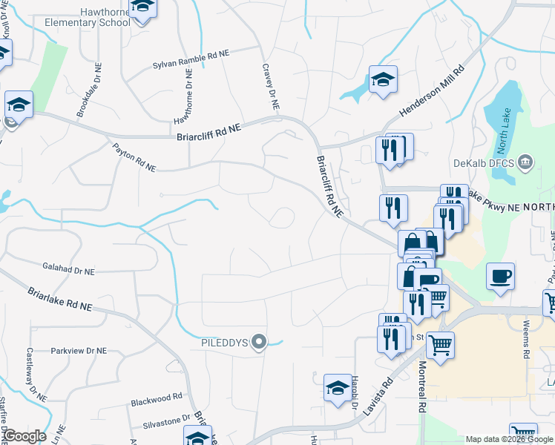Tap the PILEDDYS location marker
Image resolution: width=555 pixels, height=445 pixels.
pos(259,342)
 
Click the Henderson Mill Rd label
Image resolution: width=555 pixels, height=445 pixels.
pos(432,89)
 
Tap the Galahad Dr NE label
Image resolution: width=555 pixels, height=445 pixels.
pos(69,272)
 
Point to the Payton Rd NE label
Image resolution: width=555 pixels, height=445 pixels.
pos(134,157)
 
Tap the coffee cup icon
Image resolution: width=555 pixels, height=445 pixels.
pos(501,277)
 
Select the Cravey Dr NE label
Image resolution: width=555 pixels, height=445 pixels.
pos(270,87)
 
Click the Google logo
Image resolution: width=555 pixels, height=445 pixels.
pos(24,435)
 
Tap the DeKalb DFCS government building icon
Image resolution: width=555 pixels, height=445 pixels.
pos(525,162)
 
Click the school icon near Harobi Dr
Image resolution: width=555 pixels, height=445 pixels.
pos(338,388)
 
